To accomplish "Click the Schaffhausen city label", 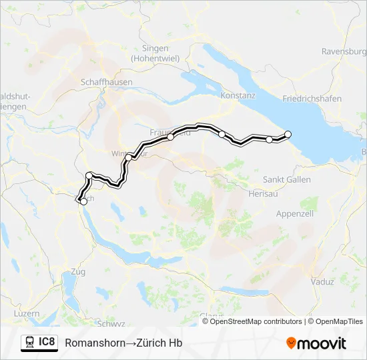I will coord(106,82).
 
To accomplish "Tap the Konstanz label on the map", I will coord(238,95).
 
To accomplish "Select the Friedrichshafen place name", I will coord(312,99).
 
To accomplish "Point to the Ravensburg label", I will coord(344,51).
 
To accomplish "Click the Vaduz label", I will coord(322,281).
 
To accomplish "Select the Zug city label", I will coord(77,272).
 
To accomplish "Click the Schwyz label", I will coord(111,324).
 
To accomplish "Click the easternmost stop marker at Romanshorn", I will coord(288,134).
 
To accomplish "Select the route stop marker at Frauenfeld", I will coord(171,137).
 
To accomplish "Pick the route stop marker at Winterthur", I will coord(134,156).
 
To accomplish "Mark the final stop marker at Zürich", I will coord(83,201).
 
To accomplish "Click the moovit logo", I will coord(316,343).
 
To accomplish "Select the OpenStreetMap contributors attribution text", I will coord(256,321).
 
